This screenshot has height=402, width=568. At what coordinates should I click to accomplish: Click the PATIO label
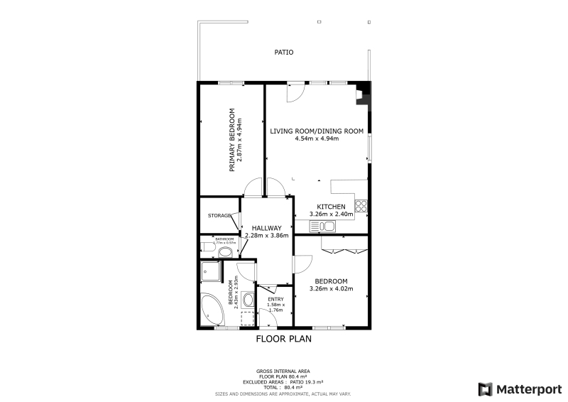pos(284,53)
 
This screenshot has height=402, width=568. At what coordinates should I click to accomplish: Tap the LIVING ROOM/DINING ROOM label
pos(317,131)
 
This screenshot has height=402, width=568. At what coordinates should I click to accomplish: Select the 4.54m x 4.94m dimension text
pos(317,139)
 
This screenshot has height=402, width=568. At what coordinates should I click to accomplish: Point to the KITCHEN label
pos(331,207)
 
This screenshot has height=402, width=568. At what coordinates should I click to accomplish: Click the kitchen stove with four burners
pos(361,207)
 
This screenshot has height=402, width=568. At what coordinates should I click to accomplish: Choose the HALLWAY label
pos(266,227)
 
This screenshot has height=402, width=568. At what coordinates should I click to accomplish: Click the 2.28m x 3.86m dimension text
pos(266,235)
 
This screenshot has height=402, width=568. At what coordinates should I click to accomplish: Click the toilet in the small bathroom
pos(224,251)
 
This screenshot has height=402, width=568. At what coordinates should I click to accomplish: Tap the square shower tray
pos(211,271)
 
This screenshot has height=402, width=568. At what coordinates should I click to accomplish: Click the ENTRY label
pos(275,299)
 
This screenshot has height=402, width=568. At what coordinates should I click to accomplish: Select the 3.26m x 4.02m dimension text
pos(331,288)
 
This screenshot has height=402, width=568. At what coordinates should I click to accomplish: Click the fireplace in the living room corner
pos(363,94)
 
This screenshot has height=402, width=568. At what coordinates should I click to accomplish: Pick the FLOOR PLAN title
pos(284,339)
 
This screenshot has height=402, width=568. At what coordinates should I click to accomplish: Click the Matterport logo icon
pos(486,389)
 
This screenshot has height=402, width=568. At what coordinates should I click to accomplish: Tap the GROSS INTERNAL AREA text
pos(283,371)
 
